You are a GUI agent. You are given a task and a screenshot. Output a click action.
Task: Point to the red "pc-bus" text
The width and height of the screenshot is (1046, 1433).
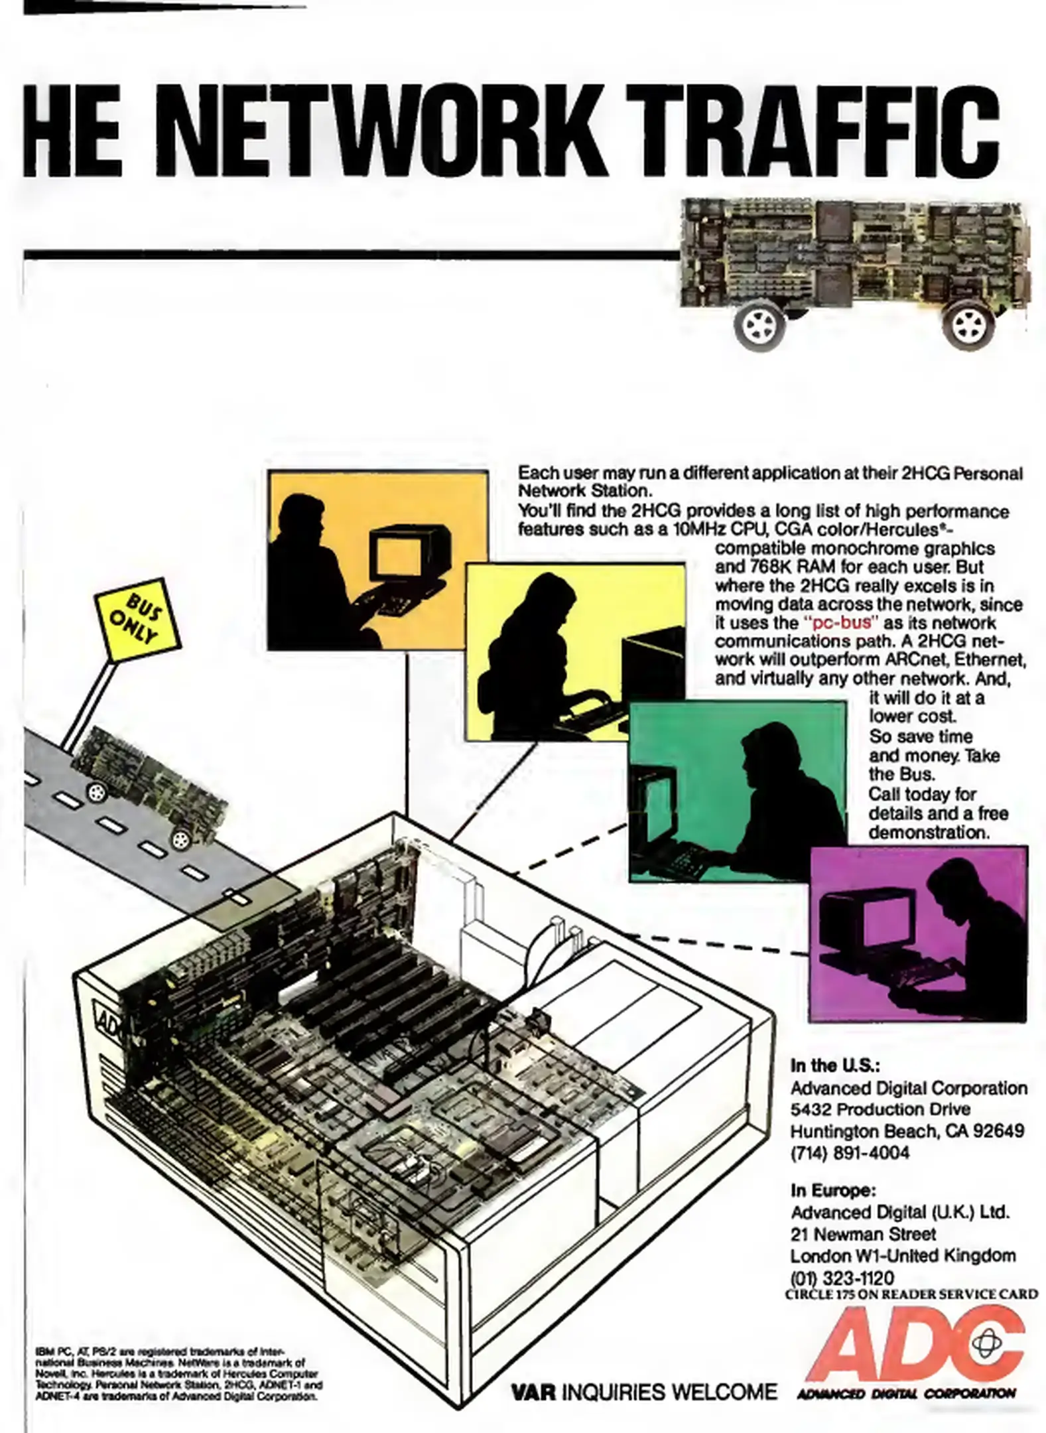coord(840,623)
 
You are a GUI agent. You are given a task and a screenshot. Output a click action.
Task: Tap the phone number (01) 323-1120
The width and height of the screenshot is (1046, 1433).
coord(842,1278)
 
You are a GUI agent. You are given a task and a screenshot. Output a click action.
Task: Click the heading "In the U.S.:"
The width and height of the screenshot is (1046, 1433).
coord(834,1065)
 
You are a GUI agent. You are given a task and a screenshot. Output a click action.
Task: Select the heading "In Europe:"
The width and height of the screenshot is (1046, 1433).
coord(833,1190)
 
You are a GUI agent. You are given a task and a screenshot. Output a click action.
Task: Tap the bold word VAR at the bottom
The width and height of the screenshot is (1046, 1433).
coord(533,1391)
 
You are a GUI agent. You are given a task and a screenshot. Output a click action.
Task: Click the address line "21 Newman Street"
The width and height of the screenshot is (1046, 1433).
coord(863,1234)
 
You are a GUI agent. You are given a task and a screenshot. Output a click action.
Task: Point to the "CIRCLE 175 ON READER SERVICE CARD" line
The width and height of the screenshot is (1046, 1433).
coord(911,1294)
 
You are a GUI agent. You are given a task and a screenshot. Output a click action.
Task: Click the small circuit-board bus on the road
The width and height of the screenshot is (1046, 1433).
coord(149,783)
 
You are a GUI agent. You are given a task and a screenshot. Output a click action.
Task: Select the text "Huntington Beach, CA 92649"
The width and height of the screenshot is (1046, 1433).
coord(907,1130)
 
